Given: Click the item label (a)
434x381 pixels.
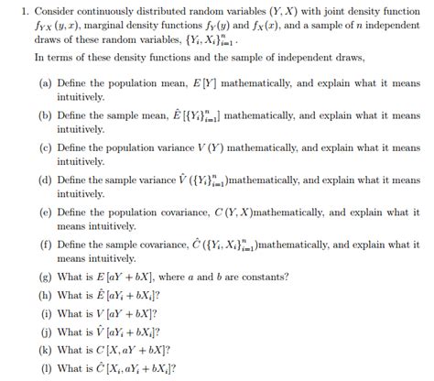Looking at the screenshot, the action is coord(46,82).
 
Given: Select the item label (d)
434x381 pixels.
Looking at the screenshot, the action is coord(46,180).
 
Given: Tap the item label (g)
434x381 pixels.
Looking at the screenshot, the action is coord(46,279).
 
